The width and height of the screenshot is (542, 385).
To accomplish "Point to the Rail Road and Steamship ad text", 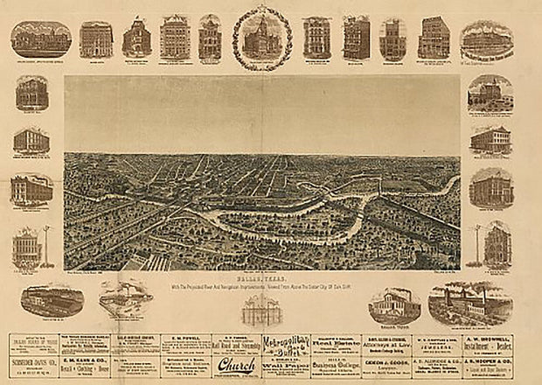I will [x=236, y=345].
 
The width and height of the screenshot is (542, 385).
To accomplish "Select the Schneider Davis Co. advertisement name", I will [x=35, y=360].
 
